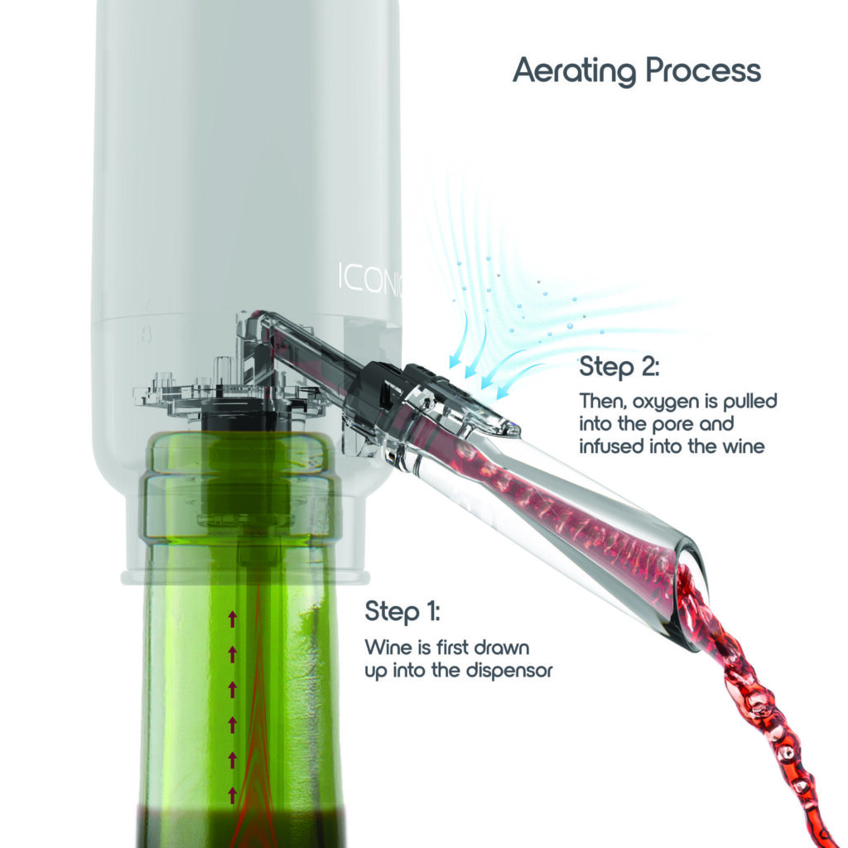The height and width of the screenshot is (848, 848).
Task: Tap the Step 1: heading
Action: click(x=402, y=613)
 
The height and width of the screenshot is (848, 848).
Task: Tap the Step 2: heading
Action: click(x=619, y=365)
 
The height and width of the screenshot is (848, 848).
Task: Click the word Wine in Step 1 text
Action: click(x=385, y=647)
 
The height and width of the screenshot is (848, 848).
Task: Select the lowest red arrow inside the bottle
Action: click(x=233, y=795)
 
